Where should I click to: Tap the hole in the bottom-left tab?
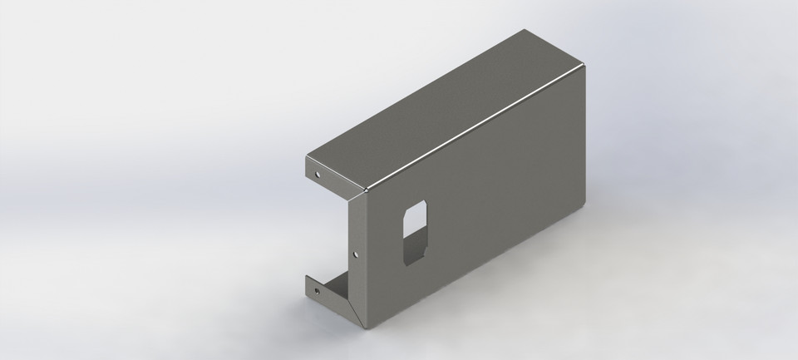pos(316,292)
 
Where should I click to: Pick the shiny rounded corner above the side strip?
pos(364,190)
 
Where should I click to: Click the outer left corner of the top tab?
pos(305,157)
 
